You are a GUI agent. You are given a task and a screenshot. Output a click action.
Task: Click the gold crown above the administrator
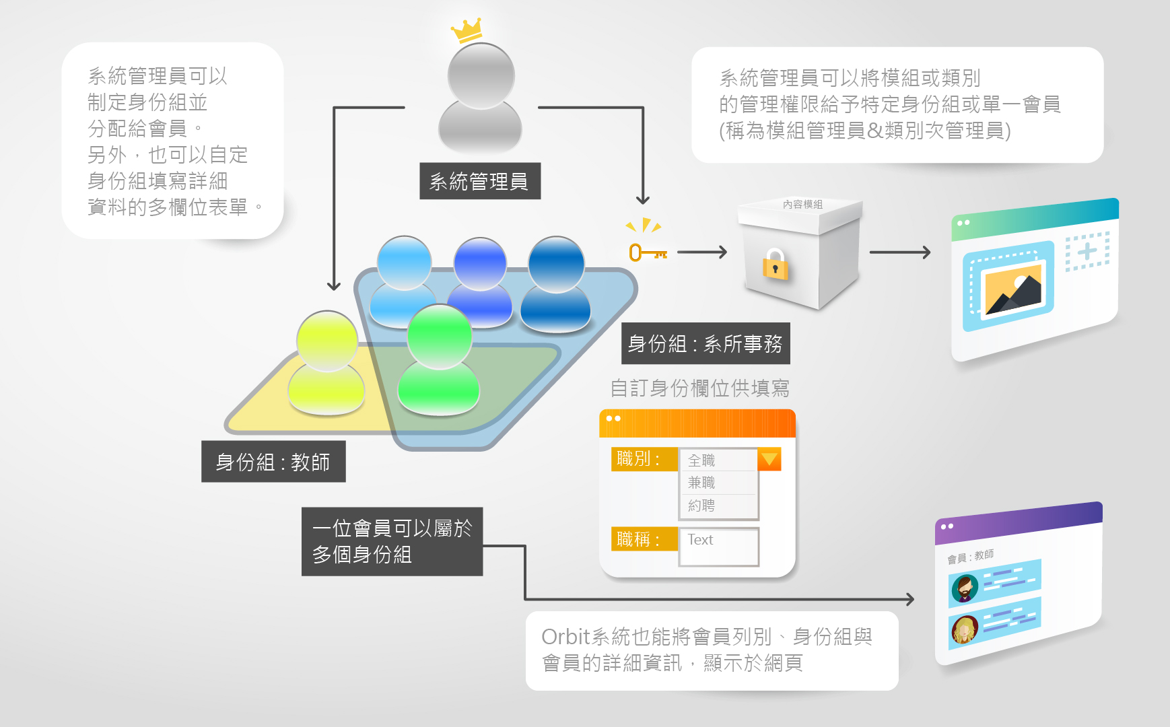[467, 30]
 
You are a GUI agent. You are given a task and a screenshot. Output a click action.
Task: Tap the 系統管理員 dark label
[479, 181]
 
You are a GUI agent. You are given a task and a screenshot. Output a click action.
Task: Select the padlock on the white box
[775, 264]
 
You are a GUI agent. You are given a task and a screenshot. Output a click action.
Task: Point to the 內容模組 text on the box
[802, 204]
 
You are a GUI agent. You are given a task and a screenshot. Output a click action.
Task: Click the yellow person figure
[326, 363]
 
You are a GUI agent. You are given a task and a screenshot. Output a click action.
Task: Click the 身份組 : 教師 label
[273, 462]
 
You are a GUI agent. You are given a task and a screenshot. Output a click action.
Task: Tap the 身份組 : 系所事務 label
[705, 344]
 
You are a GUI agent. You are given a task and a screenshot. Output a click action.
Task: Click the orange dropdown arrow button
[769, 459]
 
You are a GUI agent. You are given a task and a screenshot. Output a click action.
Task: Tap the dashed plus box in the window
[1087, 252]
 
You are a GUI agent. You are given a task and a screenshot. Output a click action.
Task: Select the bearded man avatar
[965, 588]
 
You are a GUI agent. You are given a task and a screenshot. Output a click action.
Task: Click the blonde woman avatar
[965, 630]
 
